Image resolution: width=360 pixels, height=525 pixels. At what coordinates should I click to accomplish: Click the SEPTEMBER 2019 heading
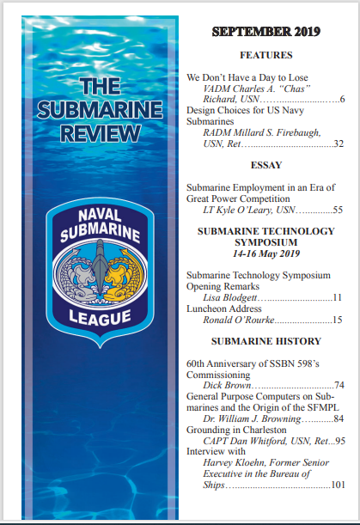(265, 33)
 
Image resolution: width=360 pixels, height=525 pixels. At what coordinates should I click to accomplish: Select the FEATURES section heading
(265, 55)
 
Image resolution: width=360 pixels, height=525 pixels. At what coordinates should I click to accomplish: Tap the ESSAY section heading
(265, 165)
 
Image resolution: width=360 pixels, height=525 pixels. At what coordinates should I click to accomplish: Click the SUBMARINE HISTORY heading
(265, 340)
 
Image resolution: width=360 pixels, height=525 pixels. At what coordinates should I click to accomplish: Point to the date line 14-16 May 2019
(265, 254)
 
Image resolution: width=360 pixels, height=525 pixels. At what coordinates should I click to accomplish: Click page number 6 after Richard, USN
(342, 101)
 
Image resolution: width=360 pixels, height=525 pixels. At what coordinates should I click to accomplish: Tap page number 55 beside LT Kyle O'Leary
(338, 210)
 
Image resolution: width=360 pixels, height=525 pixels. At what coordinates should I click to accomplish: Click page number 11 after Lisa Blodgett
(339, 297)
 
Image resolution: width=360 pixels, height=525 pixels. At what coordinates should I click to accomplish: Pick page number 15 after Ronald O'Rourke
(339, 320)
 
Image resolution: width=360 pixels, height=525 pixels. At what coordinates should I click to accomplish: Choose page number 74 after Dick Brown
(339, 385)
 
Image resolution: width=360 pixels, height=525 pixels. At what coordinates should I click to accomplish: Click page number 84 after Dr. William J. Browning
(339, 418)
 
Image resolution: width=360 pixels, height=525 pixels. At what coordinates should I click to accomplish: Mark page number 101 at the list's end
(336, 485)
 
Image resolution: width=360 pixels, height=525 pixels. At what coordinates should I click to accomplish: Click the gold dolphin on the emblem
(126, 277)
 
